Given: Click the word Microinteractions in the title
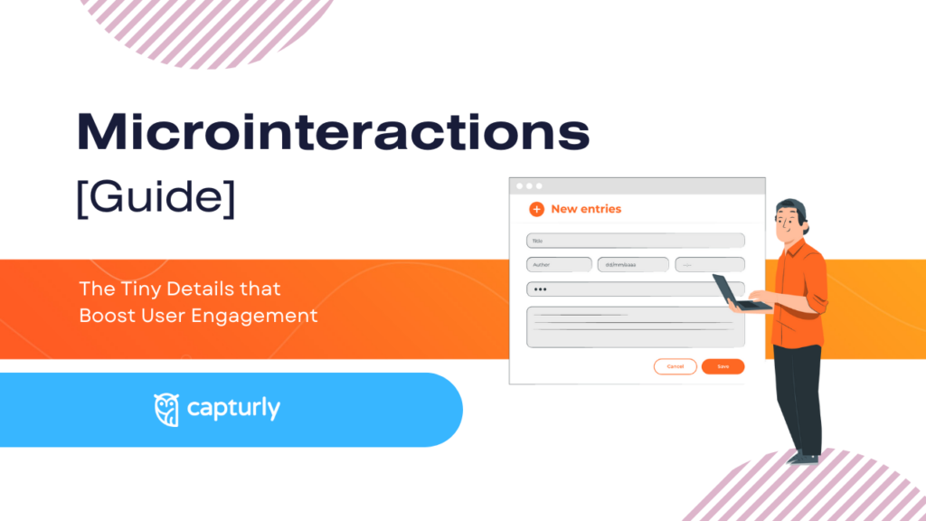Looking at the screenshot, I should click(x=333, y=133).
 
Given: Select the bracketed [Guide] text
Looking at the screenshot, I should click(x=156, y=195).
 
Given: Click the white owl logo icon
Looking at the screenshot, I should click(x=166, y=409).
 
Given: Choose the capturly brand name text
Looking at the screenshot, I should click(x=233, y=409).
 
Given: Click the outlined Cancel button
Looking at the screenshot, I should click(x=675, y=366).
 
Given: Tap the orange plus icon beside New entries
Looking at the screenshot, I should click(x=536, y=209).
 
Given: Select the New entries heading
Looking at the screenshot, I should click(x=586, y=209).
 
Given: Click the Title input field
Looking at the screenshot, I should click(x=636, y=241).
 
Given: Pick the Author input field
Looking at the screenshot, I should click(x=558, y=265).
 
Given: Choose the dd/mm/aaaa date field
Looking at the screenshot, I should click(x=633, y=265).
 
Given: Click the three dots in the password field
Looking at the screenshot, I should click(x=540, y=289).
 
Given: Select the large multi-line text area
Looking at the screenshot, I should click(x=636, y=327).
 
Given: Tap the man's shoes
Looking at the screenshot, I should click(x=804, y=456).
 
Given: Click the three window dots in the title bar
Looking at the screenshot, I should click(x=529, y=186).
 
